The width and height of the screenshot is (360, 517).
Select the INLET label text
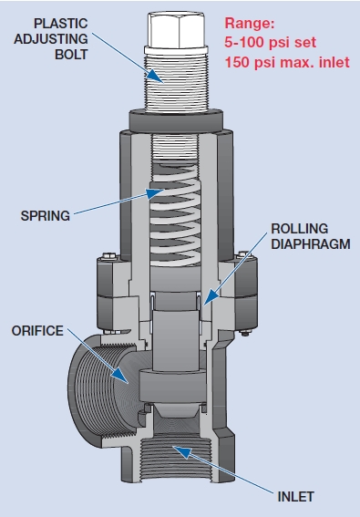pos(295,496)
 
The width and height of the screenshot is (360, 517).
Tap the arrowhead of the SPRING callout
pos(162,191)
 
